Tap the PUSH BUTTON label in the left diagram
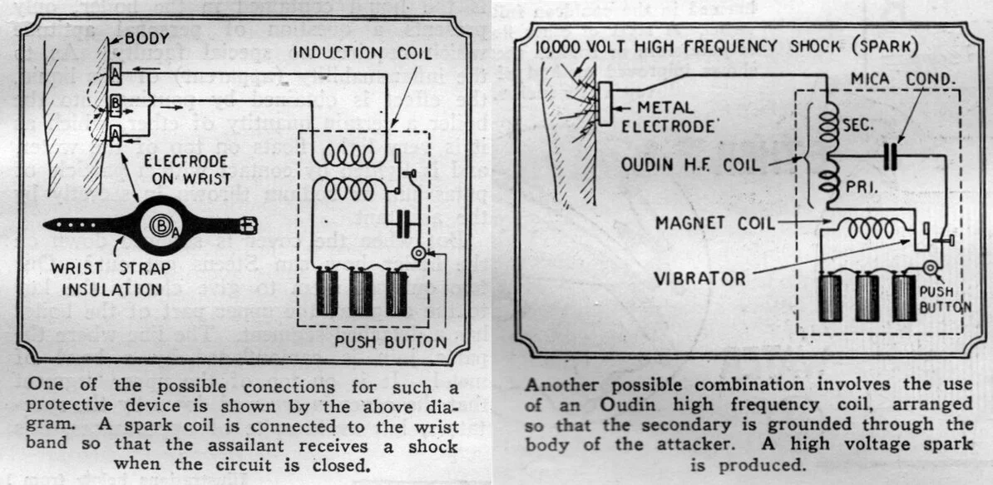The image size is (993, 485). pyautogui.click(x=391, y=341)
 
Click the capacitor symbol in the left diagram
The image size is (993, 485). pyautogui.click(x=406, y=220)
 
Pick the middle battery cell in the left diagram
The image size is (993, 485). pyautogui.click(x=360, y=291)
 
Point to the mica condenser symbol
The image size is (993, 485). pyautogui.click(x=890, y=156)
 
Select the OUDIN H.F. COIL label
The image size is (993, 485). pyautogui.click(x=691, y=165)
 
